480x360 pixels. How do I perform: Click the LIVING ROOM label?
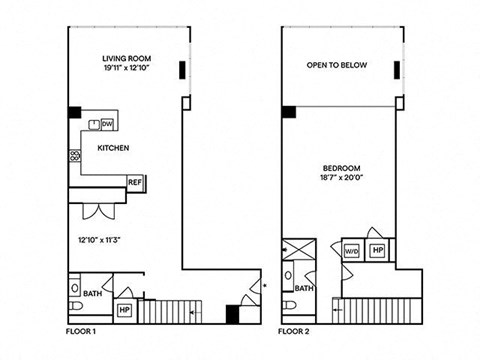click(126, 59)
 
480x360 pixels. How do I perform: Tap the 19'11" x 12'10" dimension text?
click(126, 68)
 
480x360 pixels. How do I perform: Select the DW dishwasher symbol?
click(107, 124)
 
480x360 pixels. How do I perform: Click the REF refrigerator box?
click(135, 183)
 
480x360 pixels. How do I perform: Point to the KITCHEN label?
click(113, 148)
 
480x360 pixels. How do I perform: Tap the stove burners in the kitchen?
click(75, 155)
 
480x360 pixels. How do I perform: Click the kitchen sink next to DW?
click(94, 124)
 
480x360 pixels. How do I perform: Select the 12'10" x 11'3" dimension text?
click(99, 240)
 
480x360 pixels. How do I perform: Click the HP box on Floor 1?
click(124, 310)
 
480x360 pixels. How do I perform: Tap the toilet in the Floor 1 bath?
click(76, 305)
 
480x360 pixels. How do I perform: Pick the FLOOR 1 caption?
click(81, 331)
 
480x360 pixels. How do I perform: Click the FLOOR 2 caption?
click(294, 331)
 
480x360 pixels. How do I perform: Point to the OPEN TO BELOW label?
click(337, 65)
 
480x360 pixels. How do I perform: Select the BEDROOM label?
click(341, 168)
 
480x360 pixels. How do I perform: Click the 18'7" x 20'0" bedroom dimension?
click(341, 177)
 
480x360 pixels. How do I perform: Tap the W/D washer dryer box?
click(352, 251)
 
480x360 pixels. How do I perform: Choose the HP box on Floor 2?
click(378, 250)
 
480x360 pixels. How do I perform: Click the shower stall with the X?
click(299, 249)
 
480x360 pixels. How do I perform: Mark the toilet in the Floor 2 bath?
click(289, 305)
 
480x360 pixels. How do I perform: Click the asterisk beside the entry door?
click(265, 285)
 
